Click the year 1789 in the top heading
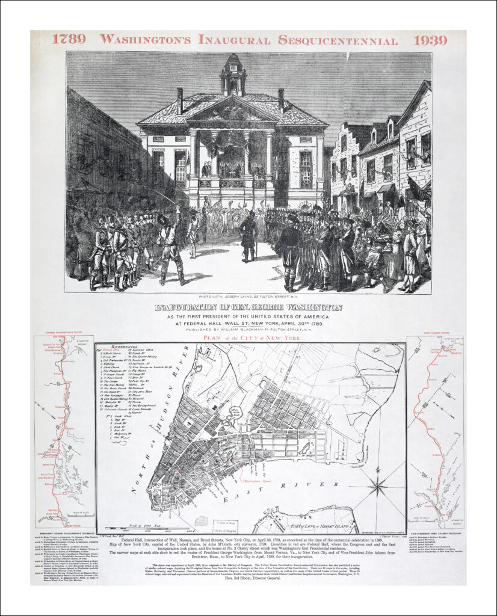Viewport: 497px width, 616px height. tap(68, 40)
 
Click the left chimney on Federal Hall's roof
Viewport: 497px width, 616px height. tap(179, 100)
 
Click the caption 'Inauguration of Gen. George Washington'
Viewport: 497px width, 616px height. tap(248, 307)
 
